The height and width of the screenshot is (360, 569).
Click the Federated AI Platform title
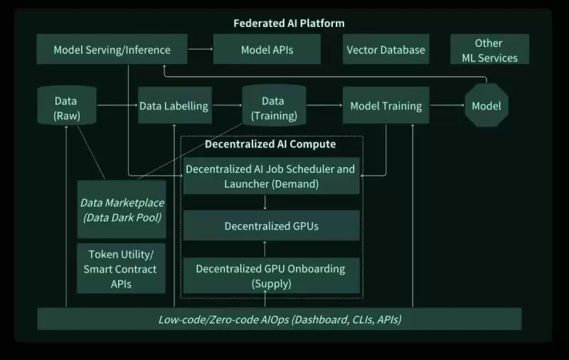tap(289, 23)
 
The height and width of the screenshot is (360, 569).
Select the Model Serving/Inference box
tap(112, 50)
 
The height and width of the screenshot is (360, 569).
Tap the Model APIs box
tap(267, 50)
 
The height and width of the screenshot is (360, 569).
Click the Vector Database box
tap(385, 50)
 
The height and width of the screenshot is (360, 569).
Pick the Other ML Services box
tap(489, 50)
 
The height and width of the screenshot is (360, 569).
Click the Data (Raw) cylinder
tap(66, 107)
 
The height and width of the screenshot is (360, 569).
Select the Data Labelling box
tap(174, 106)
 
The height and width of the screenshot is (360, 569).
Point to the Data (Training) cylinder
tap(273, 107)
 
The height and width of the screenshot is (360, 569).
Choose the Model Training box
tap(385, 106)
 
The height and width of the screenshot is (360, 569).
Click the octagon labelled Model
tap(486, 106)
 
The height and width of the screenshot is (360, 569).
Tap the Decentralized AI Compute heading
tap(270, 144)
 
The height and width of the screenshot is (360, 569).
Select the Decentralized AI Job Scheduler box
tap(270, 176)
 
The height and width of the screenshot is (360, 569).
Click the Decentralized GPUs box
tap(271, 226)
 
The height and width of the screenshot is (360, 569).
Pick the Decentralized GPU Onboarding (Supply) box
tap(270, 276)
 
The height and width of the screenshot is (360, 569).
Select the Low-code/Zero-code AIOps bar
tap(280, 319)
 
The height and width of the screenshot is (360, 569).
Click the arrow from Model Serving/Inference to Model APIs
tap(201, 49)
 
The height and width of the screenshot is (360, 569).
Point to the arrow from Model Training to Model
tap(446, 106)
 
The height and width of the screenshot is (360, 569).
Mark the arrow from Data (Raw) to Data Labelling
tap(117, 106)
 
